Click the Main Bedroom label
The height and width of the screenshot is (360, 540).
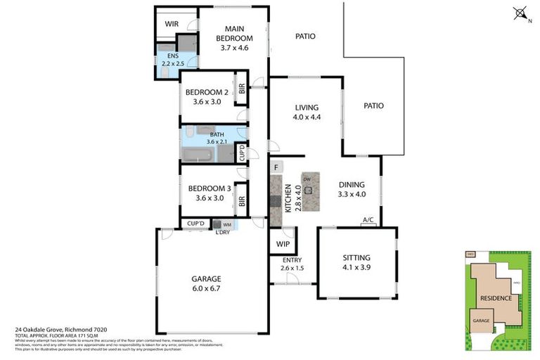(234, 38)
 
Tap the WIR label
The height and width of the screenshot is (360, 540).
(172, 24)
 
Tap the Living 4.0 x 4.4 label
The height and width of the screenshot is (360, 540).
(307, 112)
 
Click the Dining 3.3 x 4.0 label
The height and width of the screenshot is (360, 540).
(352, 189)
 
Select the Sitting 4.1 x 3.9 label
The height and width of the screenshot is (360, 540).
(356, 262)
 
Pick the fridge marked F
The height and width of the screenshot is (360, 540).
(276, 167)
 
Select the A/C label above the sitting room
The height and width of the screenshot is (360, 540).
(368, 220)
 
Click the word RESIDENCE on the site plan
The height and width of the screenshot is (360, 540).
(496, 297)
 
